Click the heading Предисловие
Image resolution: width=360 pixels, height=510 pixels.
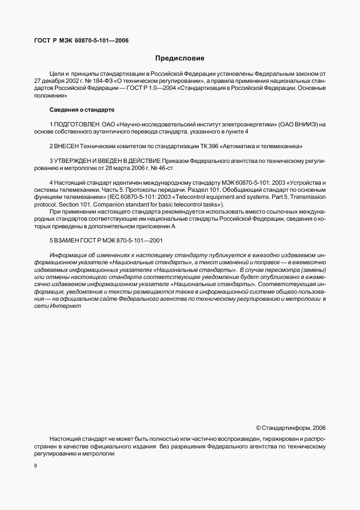tap(180, 58)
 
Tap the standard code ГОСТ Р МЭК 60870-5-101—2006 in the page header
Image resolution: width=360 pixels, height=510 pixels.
tap(78, 40)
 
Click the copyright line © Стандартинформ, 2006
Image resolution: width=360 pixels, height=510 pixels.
tap(290, 428)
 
